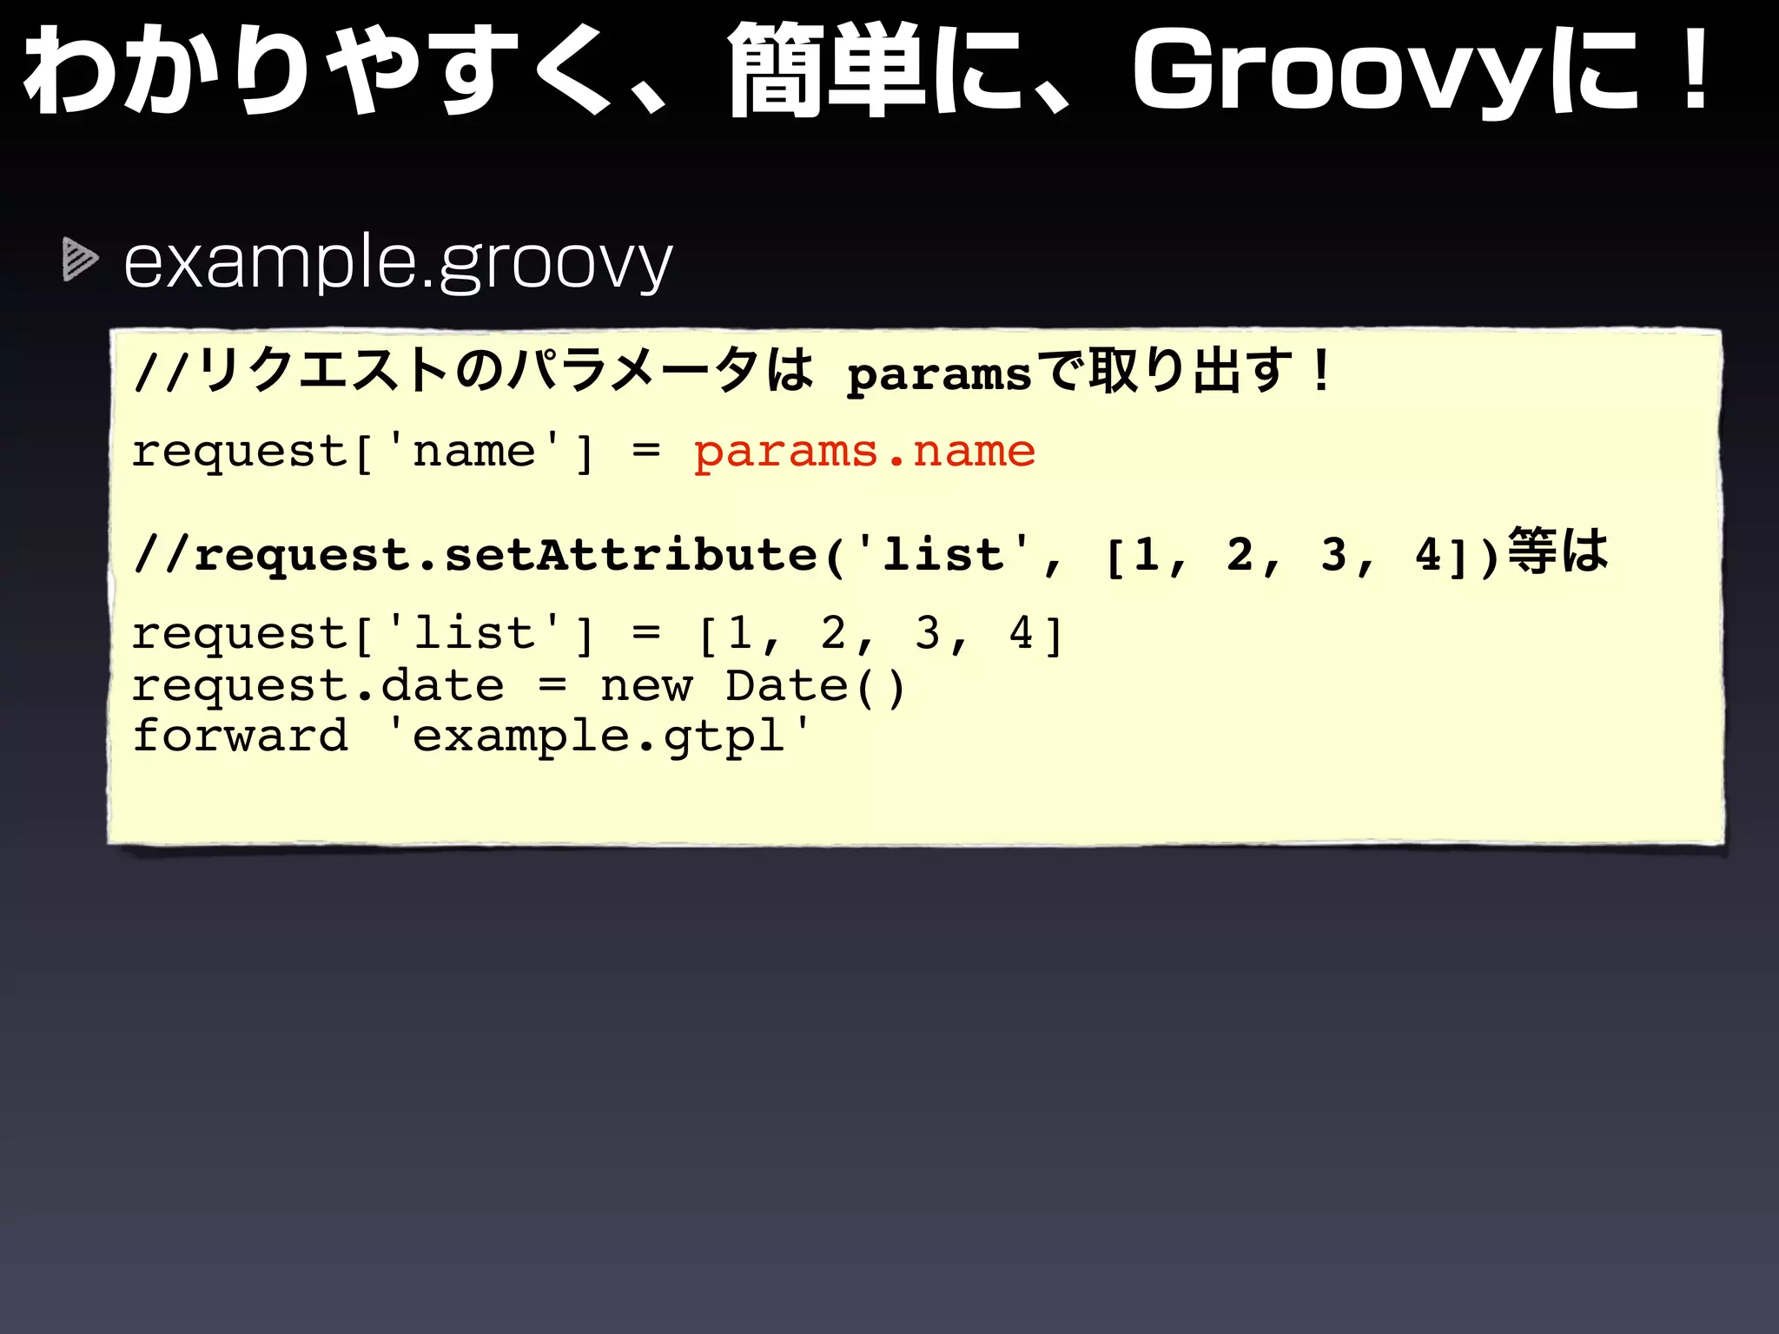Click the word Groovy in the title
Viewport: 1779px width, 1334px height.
(1338, 74)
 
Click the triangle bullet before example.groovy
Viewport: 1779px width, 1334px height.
(80, 260)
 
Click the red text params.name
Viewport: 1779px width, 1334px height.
(864, 452)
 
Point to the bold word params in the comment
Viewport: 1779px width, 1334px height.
(939, 375)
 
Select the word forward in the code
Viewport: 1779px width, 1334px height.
(240, 736)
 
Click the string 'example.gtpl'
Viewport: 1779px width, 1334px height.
(599, 736)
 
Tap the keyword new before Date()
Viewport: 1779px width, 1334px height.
(646, 686)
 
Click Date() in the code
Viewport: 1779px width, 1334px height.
(816, 686)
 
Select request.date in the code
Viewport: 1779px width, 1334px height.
(318, 686)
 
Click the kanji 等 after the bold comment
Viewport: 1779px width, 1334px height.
(1531, 551)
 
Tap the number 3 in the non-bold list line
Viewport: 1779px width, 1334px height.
(927, 633)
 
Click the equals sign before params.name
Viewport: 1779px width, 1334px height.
(646, 452)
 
